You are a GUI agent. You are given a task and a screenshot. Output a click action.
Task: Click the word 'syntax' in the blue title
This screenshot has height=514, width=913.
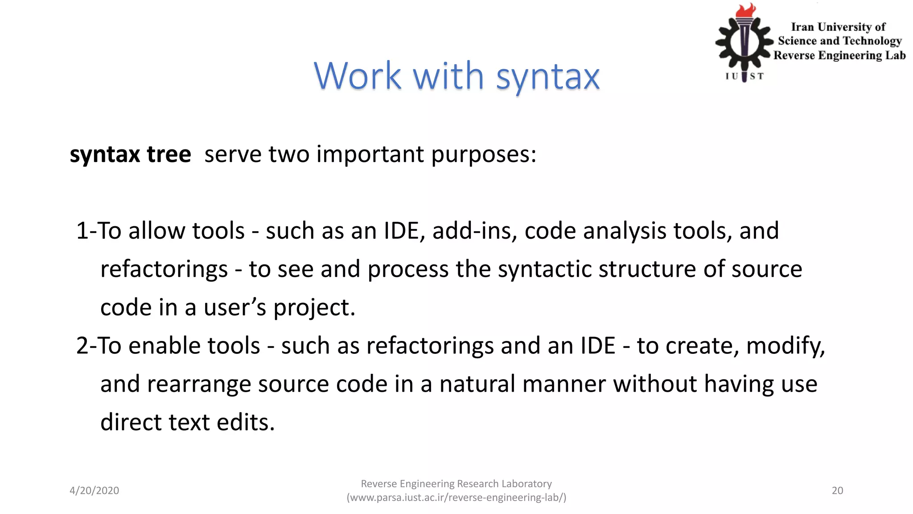pos(547,77)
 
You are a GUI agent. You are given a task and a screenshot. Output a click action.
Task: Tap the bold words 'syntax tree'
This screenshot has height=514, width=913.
pos(130,155)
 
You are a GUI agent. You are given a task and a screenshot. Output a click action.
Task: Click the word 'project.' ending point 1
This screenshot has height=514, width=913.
pos(314,308)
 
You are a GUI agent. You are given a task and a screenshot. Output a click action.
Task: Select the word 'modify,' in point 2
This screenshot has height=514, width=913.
pos(786,346)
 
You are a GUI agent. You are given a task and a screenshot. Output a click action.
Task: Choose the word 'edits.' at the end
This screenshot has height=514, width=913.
pos(246,423)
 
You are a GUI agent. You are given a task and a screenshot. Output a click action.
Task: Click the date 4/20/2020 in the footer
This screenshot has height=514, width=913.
pos(95,491)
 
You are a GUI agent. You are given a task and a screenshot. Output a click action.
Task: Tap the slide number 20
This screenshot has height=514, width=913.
pos(837,491)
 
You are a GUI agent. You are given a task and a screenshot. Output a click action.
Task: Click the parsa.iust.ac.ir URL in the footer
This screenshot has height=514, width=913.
pos(456,497)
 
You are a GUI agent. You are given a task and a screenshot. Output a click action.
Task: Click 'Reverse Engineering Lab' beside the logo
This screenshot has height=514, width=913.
pos(839,55)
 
